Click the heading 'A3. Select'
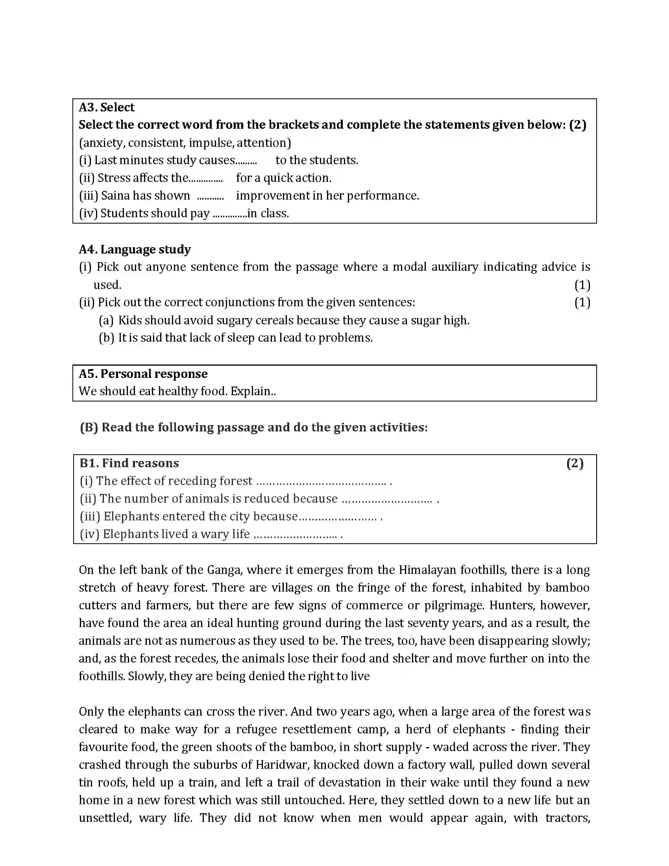[107, 107]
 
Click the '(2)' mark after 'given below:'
[577, 125]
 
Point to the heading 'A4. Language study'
[135, 250]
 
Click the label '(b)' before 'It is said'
[106, 338]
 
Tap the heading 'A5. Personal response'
[143, 374]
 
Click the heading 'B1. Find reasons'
[129, 463]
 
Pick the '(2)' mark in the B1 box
[575, 463]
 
